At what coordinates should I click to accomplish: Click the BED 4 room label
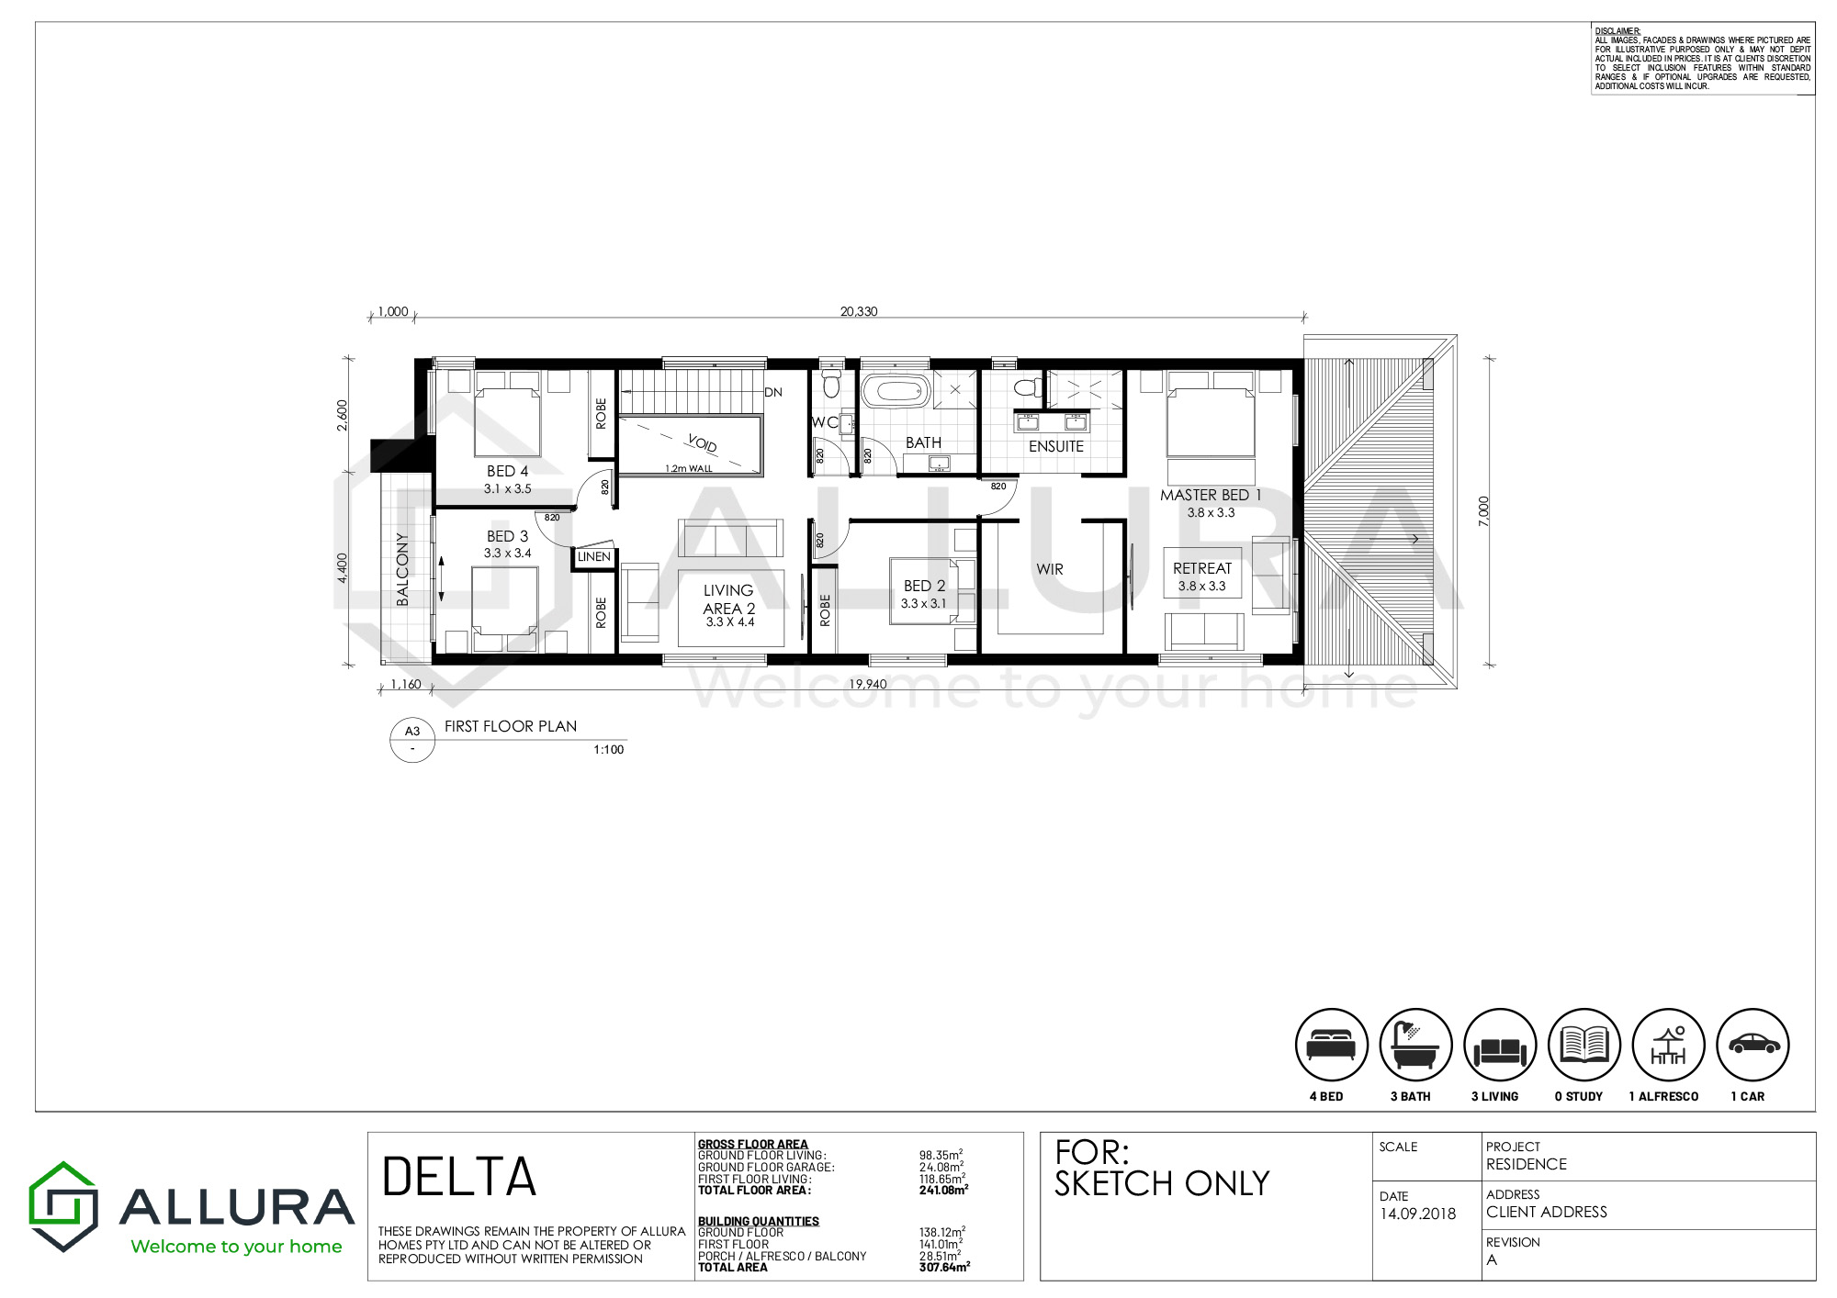click(x=507, y=471)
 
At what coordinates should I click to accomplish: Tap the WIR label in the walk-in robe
click(x=1050, y=569)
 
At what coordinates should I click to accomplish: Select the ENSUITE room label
click(x=1056, y=446)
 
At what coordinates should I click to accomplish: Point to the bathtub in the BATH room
click(x=896, y=391)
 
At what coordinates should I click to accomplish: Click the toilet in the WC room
click(x=831, y=383)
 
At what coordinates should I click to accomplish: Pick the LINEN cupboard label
click(x=594, y=556)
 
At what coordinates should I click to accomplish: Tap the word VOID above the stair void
click(x=702, y=442)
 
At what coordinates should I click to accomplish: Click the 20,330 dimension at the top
click(x=859, y=311)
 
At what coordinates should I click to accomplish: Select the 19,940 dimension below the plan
click(x=868, y=684)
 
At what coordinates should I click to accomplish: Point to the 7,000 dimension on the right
click(x=1483, y=510)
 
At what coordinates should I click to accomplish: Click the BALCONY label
click(x=402, y=569)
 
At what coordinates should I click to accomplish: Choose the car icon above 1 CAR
click(x=1753, y=1044)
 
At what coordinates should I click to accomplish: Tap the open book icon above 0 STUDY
click(x=1583, y=1044)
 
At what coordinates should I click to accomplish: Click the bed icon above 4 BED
click(x=1331, y=1044)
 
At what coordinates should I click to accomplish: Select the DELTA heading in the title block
click(x=458, y=1177)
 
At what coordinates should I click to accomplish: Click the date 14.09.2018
click(x=1417, y=1214)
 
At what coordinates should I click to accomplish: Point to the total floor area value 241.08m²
click(x=943, y=1190)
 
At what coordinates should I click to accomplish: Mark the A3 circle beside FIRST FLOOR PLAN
click(x=412, y=740)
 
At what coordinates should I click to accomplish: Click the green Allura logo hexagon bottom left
click(x=62, y=1206)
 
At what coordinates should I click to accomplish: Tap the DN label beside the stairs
click(x=773, y=392)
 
